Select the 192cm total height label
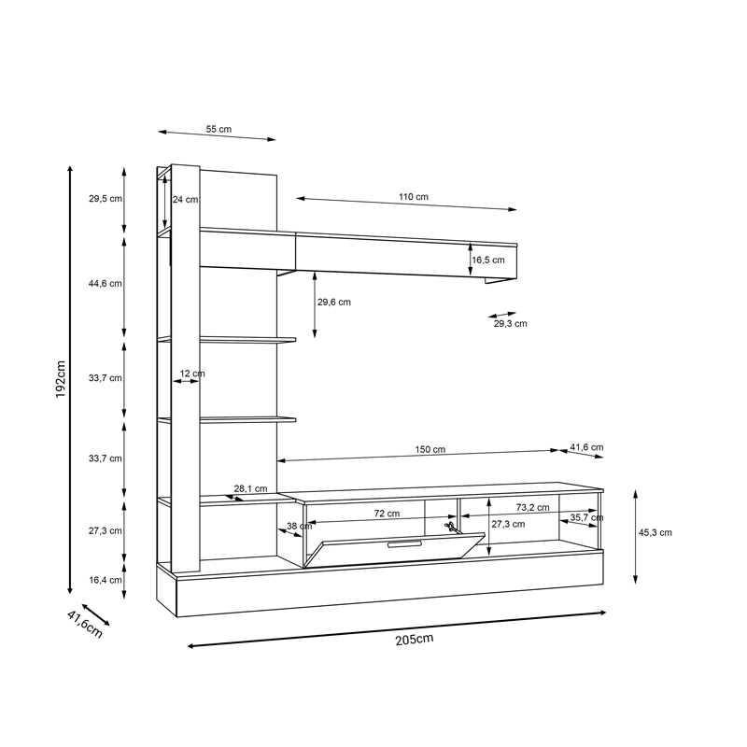tap(60, 380)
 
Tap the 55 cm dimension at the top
tap(218, 130)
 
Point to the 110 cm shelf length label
tap(414, 197)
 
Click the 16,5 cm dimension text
tap(487, 261)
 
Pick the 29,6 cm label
tap(333, 302)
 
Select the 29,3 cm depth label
tap(511, 324)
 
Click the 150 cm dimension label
tap(430, 449)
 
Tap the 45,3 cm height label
tap(655, 532)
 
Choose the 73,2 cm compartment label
tap(532, 508)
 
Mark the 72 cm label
tap(387, 514)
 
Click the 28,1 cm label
tap(250, 488)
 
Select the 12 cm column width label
tap(191, 373)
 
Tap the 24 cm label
tap(186, 199)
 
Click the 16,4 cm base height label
tap(106, 579)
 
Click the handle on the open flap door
tap(404, 543)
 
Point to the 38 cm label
tap(299, 527)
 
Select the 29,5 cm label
tap(106, 199)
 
